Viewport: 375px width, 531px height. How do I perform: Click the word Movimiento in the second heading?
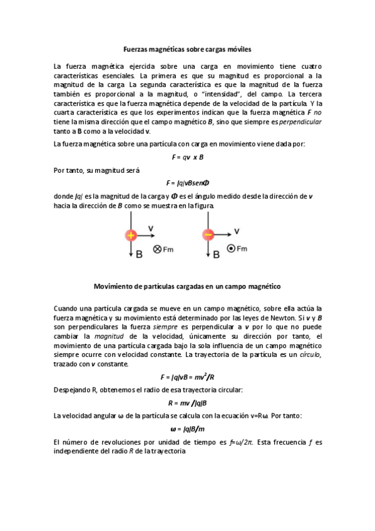tap(114, 286)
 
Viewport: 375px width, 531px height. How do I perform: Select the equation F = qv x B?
tap(188, 157)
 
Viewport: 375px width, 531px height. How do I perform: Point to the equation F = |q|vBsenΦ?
tap(188, 183)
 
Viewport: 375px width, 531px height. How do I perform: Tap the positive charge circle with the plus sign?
tap(131, 235)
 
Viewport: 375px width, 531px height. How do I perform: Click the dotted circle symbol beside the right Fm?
tap(231, 249)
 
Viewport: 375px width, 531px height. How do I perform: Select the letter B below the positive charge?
tap(139, 254)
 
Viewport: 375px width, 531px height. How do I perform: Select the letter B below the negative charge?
tap(216, 254)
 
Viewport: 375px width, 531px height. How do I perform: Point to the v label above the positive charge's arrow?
tap(151, 227)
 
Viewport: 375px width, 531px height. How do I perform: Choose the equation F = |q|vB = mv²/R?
tap(188, 377)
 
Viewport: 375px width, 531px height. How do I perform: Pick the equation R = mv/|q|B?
tap(188, 403)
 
